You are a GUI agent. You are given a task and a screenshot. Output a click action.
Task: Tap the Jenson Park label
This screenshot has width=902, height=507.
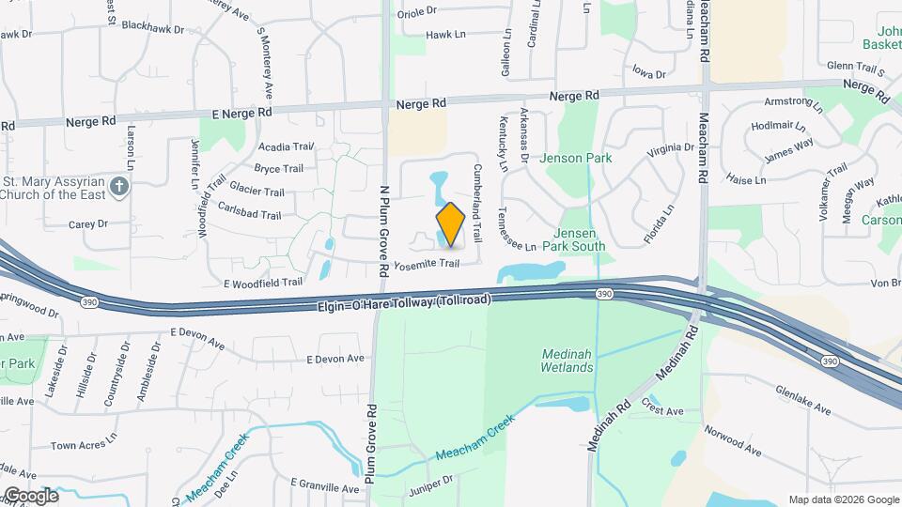click(575, 159)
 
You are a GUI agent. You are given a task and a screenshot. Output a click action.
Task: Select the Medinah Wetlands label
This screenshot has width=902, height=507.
click(568, 361)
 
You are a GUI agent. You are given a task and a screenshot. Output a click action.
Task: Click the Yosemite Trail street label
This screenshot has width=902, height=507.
click(426, 264)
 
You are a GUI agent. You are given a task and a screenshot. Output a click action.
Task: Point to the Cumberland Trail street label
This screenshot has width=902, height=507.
click(478, 203)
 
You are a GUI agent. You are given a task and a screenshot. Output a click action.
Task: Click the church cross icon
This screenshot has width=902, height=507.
click(118, 186)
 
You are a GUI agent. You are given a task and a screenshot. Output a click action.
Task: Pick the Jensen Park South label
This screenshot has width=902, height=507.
click(579, 239)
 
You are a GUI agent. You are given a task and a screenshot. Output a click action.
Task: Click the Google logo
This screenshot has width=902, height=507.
click(31, 495)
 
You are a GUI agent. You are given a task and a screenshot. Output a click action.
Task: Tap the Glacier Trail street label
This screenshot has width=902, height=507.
click(256, 192)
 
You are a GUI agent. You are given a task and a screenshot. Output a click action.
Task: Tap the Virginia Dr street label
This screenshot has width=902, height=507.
click(670, 149)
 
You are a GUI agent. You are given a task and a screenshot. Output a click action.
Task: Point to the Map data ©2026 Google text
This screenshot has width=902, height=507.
click(843, 499)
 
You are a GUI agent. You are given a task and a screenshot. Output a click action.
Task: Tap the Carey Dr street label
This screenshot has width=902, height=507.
click(88, 224)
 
